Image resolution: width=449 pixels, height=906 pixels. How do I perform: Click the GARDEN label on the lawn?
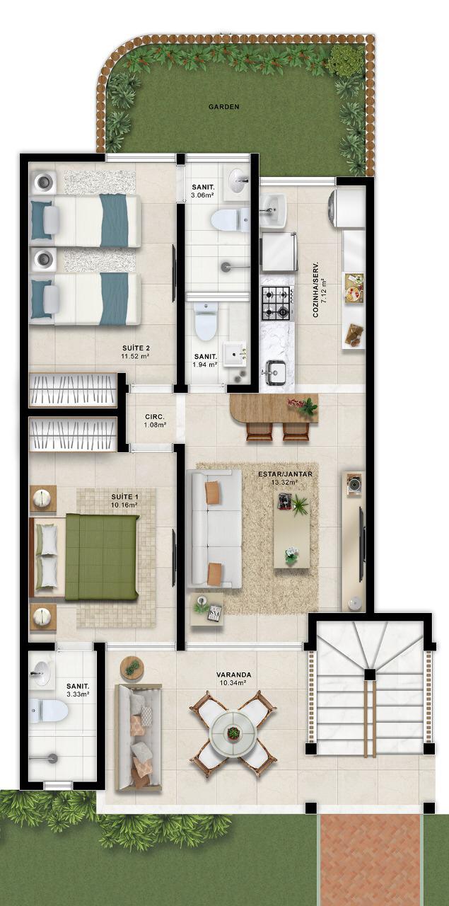223,107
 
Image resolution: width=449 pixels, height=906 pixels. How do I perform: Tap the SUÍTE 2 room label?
136,348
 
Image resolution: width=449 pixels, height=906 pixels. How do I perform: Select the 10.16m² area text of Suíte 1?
124,505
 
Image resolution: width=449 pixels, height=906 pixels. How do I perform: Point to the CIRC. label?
155,416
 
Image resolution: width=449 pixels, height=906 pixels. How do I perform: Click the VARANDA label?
233,675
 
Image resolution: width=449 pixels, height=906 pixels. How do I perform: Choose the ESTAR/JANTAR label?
286,474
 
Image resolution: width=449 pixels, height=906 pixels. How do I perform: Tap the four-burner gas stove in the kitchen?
276,301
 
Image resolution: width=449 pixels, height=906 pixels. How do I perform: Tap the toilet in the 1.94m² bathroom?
206,321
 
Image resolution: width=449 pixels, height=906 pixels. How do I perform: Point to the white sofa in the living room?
214,529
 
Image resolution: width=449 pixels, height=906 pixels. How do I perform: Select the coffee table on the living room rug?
292,530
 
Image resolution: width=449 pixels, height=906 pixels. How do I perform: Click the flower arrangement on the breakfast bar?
303,406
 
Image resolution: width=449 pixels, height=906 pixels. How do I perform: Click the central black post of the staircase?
369,675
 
